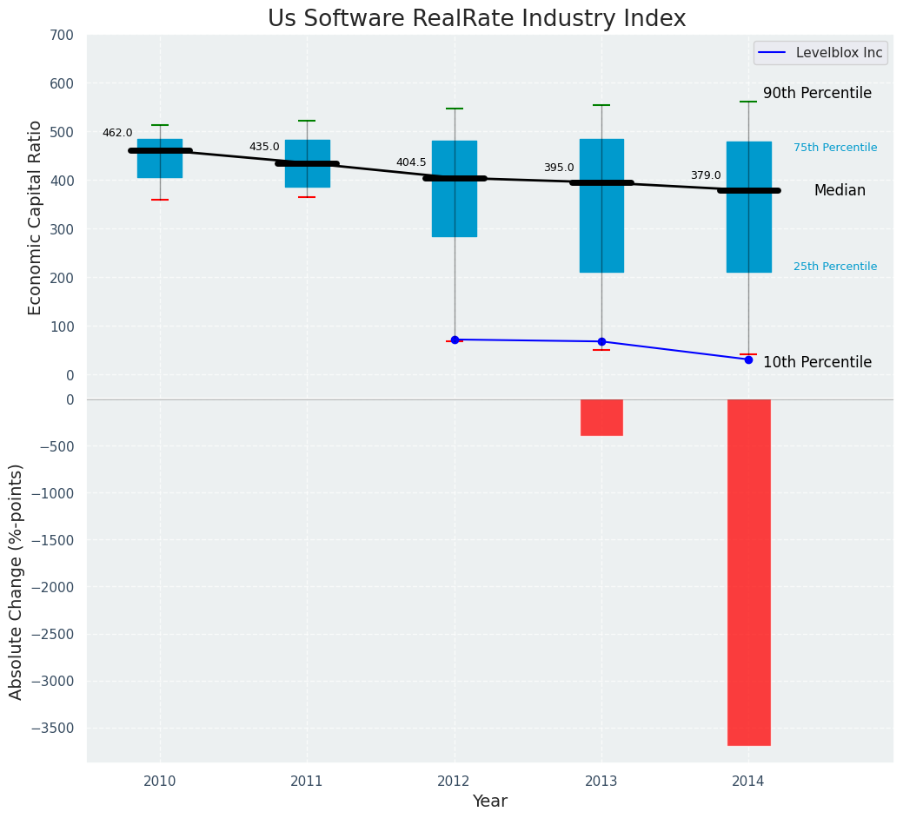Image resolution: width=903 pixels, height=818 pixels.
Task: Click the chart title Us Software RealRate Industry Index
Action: [x=476, y=19]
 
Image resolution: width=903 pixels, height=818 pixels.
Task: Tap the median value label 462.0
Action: [x=117, y=133]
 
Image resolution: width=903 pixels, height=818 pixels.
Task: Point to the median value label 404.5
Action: [x=411, y=162]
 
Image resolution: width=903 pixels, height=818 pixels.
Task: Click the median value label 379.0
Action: [x=706, y=175]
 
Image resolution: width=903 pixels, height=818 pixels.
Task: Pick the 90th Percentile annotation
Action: [x=817, y=93]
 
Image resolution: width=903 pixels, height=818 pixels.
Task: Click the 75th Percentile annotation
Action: [x=835, y=148]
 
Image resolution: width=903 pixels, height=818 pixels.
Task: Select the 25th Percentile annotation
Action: [x=835, y=267]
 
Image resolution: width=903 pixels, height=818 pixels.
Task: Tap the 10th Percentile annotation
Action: [x=817, y=362]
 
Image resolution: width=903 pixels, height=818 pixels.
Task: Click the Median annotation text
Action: [x=840, y=190]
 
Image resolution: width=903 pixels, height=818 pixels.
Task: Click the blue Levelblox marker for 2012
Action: [x=455, y=340]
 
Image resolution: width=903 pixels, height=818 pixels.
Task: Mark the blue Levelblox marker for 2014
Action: [x=748, y=360]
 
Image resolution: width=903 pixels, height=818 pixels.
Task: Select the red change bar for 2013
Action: [x=601, y=418]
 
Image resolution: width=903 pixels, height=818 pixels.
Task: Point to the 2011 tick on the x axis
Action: [x=307, y=782]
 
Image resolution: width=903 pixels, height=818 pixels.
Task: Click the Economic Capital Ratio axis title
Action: [x=35, y=217]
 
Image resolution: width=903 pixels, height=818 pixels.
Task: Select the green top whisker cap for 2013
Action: [x=601, y=105]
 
